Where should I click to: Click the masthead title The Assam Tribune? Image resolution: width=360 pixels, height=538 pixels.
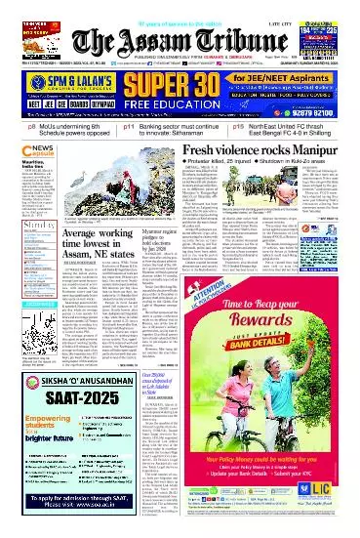(x=180, y=41)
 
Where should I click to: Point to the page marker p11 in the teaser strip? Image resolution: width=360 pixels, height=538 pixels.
(x=129, y=126)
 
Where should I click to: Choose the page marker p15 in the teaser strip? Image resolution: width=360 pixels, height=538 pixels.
(x=238, y=126)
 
